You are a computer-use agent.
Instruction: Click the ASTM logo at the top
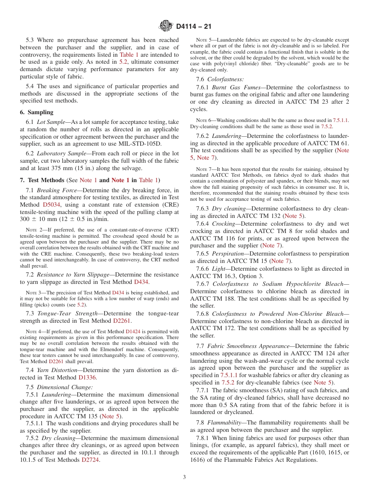click(166, 26)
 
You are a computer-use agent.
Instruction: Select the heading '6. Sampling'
click(37, 112)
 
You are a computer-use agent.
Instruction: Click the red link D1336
click(87, 377)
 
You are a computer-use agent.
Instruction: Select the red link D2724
click(91, 460)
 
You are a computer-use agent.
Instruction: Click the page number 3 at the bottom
click(184, 477)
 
